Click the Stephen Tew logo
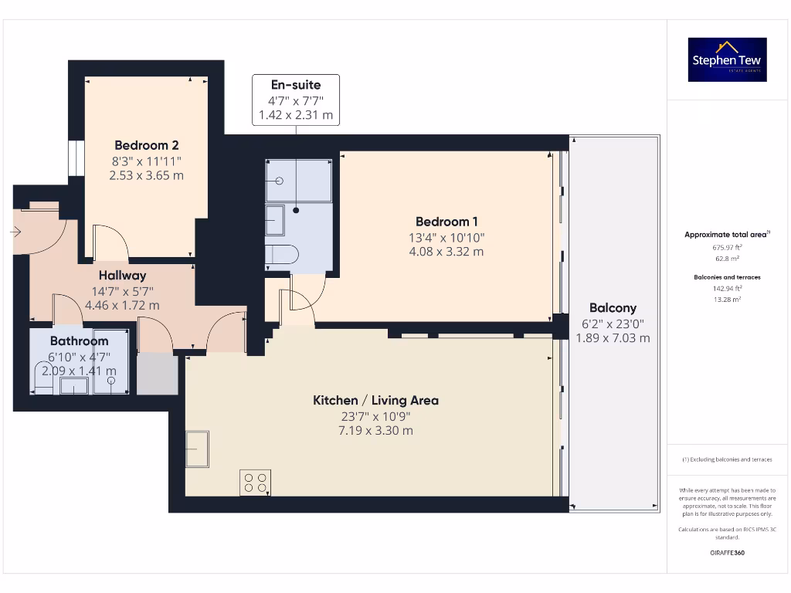[x=727, y=59]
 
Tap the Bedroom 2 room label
[x=147, y=145]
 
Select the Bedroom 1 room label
[x=446, y=221]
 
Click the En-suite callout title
[x=295, y=85]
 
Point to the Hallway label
[x=122, y=275]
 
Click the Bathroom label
[x=80, y=341]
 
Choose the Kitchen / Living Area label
[x=375, y=400]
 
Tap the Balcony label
[x=613, y=307]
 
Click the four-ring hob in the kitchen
[x=255, y=483]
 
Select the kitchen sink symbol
[x=197, y=449]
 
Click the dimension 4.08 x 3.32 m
[x=446, y=252]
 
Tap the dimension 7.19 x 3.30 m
[x=375, y=430]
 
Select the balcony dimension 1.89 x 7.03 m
[x=613, y=338]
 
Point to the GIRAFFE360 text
[x=726, y=553]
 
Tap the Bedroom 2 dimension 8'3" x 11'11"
[x=147, y=161]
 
